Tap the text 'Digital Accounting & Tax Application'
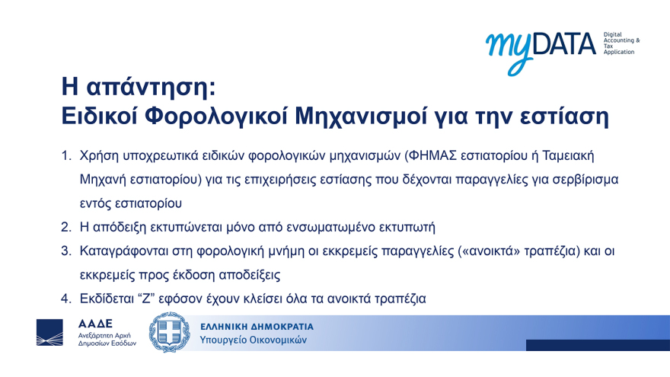tap(620, 43)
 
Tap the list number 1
tap(66, 156)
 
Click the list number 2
tap(66, 227)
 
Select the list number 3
tap(66, 251)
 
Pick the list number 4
tap(66, 299)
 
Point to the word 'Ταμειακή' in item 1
tap(566, 156)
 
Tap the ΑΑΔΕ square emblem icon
tap(53, 333)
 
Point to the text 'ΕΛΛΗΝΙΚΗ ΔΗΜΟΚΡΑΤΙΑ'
tap(257, 326)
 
